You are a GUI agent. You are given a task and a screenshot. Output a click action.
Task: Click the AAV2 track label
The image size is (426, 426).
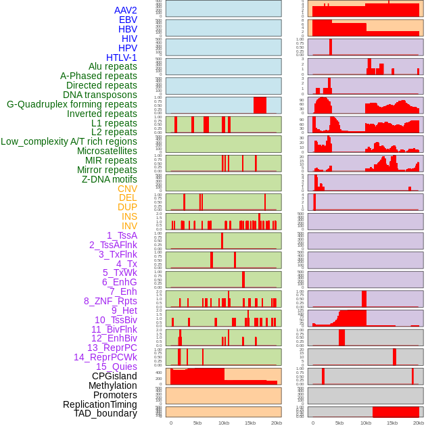click(x=126, y=10)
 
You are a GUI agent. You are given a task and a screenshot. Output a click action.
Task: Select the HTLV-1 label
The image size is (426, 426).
click(x=122, y=57)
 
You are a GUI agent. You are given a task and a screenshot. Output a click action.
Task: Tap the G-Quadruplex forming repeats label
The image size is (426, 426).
click(x=72, y=104)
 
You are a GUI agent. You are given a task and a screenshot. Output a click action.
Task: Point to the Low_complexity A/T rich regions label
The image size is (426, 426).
click(x=69, y=141)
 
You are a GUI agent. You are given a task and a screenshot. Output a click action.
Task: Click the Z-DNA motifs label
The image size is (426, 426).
click(x=110, y=179)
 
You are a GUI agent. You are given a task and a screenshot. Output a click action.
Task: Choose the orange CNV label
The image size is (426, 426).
click(x=127, y=189)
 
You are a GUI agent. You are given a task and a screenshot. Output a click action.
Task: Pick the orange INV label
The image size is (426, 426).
click(x=129, y=226)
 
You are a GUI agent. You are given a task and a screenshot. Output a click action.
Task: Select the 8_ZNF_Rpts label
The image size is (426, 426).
click(x=110, y=301)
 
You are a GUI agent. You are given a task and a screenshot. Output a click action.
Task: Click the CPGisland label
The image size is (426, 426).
click(x=114, y=376)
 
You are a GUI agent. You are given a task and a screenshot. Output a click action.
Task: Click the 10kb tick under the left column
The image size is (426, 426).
click(x=224, y=423)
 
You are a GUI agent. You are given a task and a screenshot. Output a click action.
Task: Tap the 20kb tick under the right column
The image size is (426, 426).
click(x=419, y=423)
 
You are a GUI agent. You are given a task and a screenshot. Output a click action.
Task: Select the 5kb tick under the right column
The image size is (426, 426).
click(x=339, y=423)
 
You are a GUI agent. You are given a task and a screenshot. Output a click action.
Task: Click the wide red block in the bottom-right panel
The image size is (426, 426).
click(x=396, y=412)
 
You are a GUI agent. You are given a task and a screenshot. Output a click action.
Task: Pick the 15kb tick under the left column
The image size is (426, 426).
click(x=250, y=423)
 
